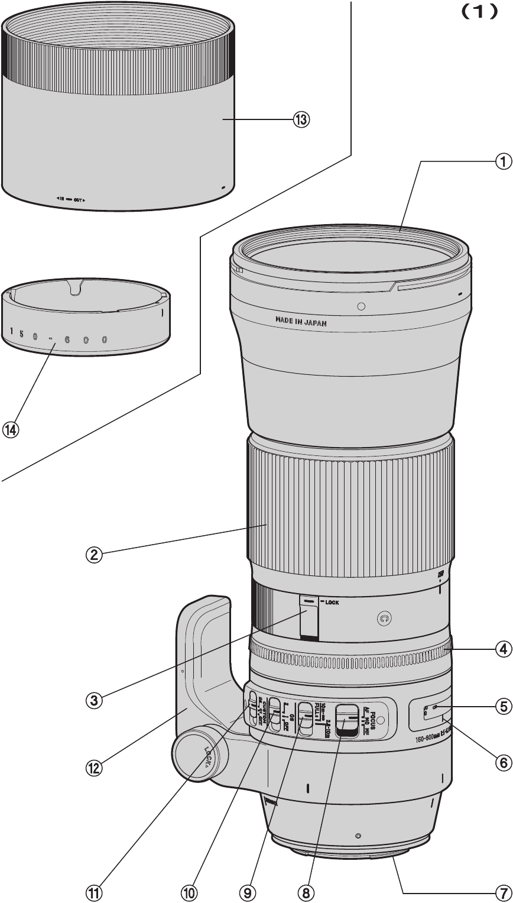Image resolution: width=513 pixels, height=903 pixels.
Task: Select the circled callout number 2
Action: click(x=94, y=555)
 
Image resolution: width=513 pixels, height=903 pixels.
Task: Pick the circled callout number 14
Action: click(x=10, y=430)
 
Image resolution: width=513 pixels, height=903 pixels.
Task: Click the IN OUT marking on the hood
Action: click(x=71, y=199)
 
